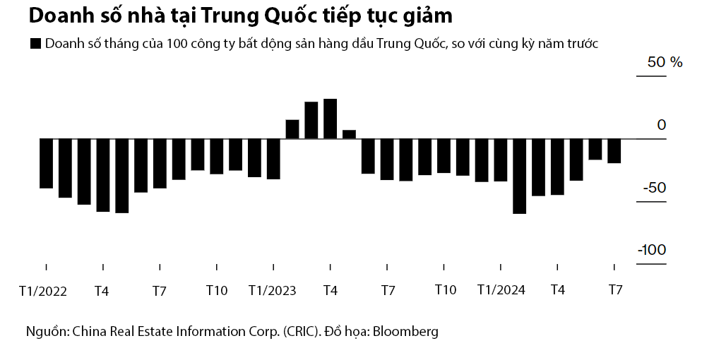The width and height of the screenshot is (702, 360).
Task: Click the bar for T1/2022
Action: click(x=46, y=163)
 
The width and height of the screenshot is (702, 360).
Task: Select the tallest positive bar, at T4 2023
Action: click(x=330, y=119)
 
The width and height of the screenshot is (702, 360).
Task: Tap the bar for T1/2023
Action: click(x=273, y=159)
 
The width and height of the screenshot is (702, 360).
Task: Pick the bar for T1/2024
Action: click(x=500, y=160)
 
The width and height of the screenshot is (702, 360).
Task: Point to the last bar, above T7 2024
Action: click(x=614, y=150)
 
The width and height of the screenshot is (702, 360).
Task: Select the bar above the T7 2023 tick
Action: click(x=386, y=159)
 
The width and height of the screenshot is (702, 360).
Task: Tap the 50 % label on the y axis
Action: click(x=665, y=62)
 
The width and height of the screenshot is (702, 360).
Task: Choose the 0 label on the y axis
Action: click(x=661, y=125)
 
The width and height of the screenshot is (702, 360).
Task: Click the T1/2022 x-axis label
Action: click(x=42, y=290)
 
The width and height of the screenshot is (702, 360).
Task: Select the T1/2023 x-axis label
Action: click(x=273, y=290)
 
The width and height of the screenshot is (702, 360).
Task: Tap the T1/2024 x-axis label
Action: click(x=501, y=290)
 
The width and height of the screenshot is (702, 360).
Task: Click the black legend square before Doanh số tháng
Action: click(x=35, y=44)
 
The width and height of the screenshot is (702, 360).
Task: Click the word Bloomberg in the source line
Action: click(x=405, y=331)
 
